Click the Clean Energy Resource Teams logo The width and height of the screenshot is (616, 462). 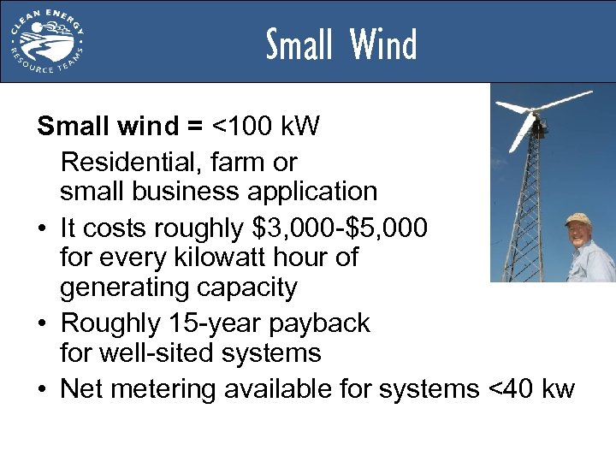point(48,40)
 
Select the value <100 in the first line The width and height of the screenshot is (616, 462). point(247,128)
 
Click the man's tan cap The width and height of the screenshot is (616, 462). point(578,219)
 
